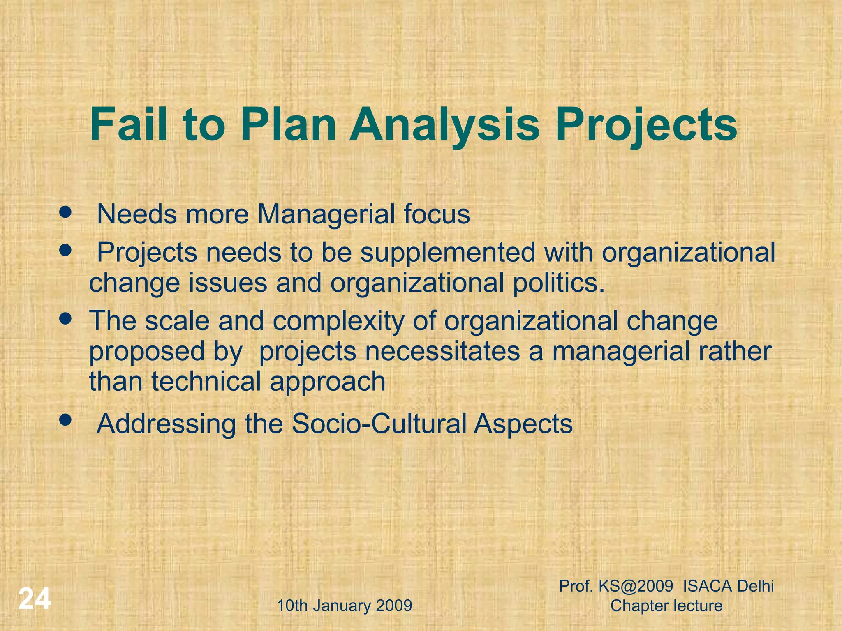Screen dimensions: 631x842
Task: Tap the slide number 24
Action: point(35,599)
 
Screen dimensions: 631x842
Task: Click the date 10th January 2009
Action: point(345,606)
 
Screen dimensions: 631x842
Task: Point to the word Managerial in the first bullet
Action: point(323,215)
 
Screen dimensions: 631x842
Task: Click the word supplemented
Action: point(448,253)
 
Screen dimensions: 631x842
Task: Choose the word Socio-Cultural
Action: point(379,424)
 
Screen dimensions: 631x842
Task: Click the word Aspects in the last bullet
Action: point(523,424)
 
